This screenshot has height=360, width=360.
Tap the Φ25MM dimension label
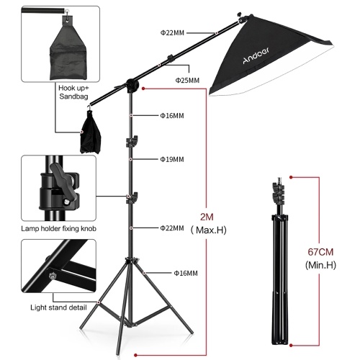click(186, 80)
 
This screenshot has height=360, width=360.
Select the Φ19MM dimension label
click(171, 159)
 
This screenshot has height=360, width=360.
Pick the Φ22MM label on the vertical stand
click(171, 228)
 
